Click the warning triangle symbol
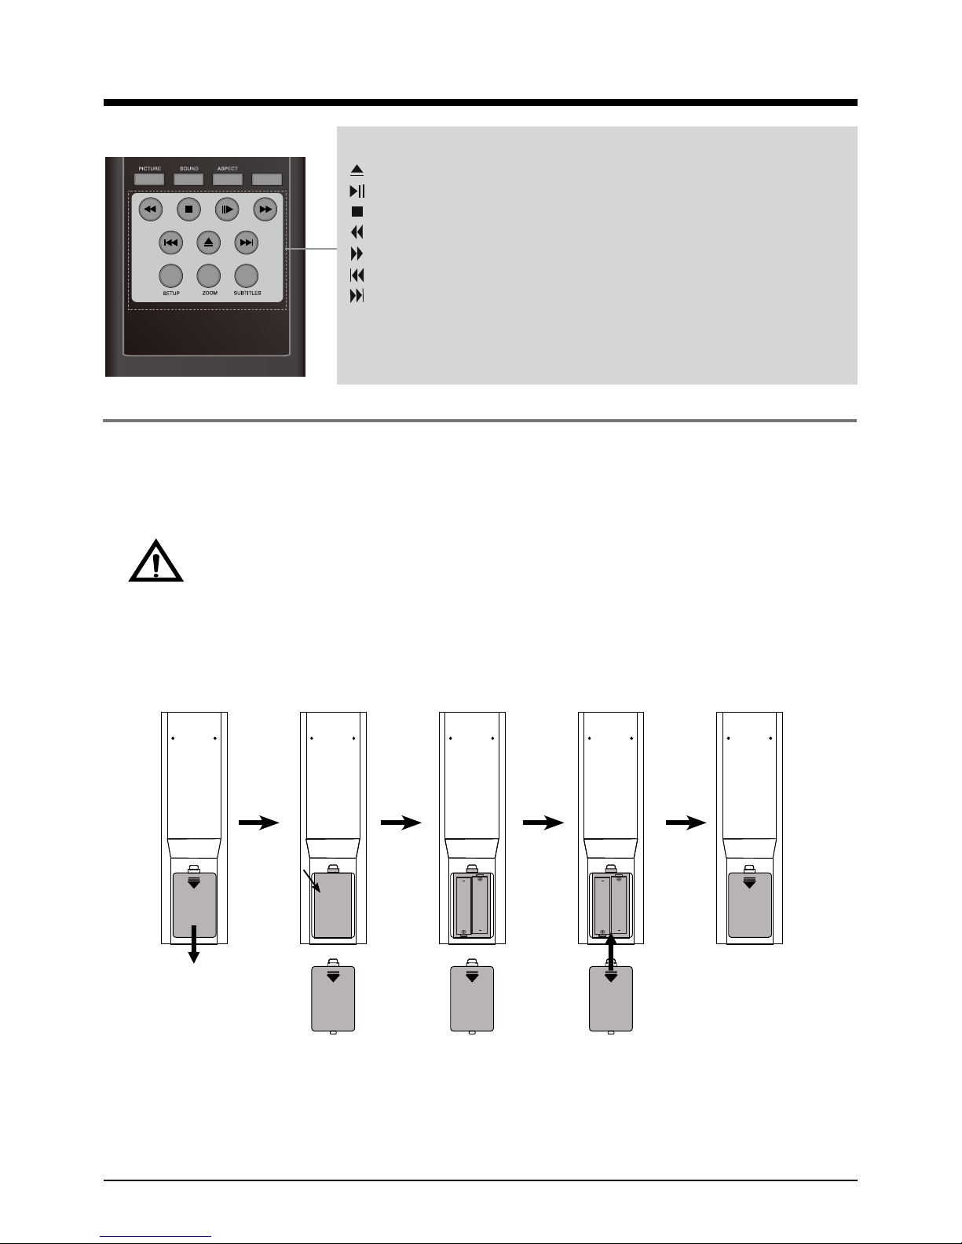pyautogui.click(x=155, y=561)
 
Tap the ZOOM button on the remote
pyautogui.click(x=208, y=276)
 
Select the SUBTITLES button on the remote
pyautogui.click(x=247, y=276)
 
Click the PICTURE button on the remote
pyautogui.click(x=149, y=179)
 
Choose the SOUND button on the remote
pyautogui.click(x=188, y=179)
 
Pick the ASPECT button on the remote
pyautogui.click(x=228, y=179)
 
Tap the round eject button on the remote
pyautogui.click(x=208, y=243)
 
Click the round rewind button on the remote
pyautogui.click(x=151, y=210)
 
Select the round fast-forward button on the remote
pyautogui.click(x=265, y=210)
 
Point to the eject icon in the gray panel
pyautogui.click(x=357, y=170)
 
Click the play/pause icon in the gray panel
pyautogui.click(x=357, y=192)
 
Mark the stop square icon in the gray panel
pyautogui.click(x=357, y=212)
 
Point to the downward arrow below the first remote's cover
pyautogui.click(x=194, y=944)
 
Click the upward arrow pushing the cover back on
pyautogui.click(x=611, y=952)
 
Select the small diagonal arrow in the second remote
pyautogui.click(x=312, y=881)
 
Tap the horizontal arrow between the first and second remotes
pyautogui.click(x=259, y=823)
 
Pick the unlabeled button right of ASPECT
pyautogui.click(x=267, y=179)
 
